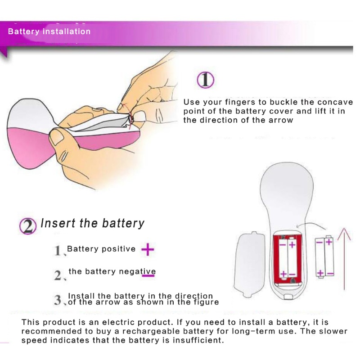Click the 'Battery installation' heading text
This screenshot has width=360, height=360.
point(49,31)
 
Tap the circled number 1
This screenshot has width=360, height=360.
point(206,80)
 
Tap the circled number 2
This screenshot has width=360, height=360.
point(28,226)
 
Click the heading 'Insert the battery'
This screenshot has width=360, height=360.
point(92,223)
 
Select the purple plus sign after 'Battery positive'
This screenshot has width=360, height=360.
point(148,249)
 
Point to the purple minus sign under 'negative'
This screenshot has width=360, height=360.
point(148,275)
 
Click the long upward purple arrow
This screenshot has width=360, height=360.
point(344,258)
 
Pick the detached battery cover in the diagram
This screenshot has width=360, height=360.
point(249,264)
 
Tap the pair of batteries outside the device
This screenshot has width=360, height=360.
point(324,256)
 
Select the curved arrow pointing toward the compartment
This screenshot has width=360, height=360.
point(311,225)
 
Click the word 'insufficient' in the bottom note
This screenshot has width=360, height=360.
point(198,340)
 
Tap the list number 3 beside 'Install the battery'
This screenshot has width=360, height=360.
point(58,300)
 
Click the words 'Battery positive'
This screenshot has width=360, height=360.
point(101,249)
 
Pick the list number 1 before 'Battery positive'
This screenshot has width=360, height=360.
point(58,250)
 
